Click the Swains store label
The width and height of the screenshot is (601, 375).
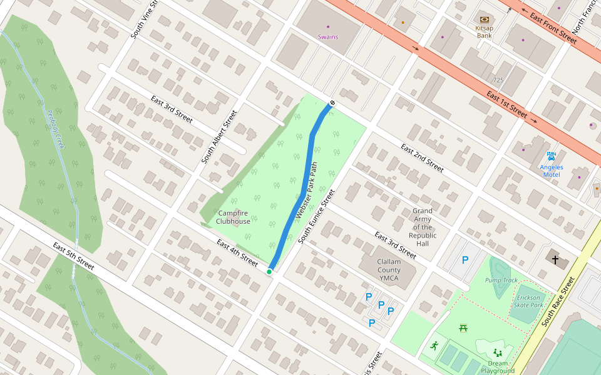[x=327, y=37]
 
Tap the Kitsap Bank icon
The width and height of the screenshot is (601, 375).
[x=484, y=20]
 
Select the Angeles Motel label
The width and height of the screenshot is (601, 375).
[x=552, y=171]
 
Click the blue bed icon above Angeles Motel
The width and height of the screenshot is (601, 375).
[x=551, y=156]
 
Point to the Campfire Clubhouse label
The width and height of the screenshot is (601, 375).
[x=233, y=217]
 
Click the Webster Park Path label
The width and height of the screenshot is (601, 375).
[x=307, y=190]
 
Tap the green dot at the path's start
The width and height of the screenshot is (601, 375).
[x=269, y=271]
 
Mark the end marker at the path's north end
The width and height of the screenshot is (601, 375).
[x=332, y=103]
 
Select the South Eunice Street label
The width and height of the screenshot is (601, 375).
[x=317, y=216]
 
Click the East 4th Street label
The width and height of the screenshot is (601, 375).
[x=237, y=252]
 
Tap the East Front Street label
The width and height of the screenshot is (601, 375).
[x=553, y=28]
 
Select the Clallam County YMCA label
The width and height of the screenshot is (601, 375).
[x=389, y=270]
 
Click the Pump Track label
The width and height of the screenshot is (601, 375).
[x=501, y=280]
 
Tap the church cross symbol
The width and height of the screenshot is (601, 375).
[x=554, y=259]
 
